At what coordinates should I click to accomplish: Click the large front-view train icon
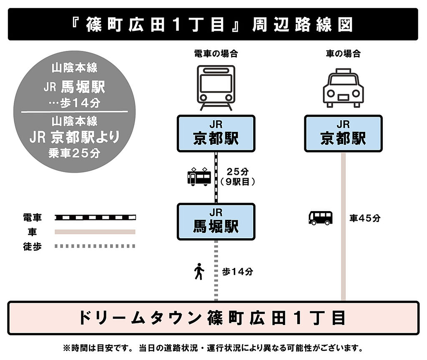click(216, 88)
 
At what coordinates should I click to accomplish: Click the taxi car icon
click(343, 88)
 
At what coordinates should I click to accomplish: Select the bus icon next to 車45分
click(321, 218)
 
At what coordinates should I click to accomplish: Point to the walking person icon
click(199, 272)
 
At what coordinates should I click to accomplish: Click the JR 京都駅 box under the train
click(216, 133)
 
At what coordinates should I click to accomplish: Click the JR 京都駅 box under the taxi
click(343, 133)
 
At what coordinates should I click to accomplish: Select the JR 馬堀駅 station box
click(216, 222)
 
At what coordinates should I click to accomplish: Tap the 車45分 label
click(365, 218)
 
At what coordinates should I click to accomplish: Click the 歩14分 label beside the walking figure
click(237, 272)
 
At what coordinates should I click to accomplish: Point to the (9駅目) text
click(237, 181)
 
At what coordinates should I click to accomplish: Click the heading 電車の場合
click(216, 54)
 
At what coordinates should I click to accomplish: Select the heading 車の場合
click(343, 54)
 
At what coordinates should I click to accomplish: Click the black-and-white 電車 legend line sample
click(95, 217)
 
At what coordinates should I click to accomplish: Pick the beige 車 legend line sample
click(95, 232)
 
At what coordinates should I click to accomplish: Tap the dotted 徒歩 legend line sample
click(95, 246)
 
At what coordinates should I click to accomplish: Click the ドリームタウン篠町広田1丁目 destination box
click(213, 318)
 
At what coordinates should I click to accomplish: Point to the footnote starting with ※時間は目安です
click(213, 348)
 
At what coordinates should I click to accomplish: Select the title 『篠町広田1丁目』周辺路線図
click(213, 25)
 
